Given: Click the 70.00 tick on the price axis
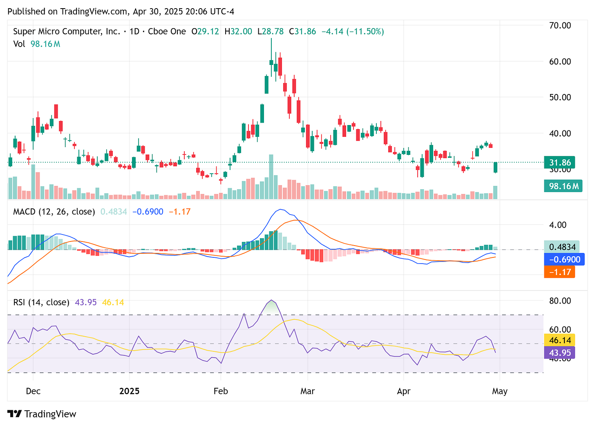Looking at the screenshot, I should tap(560, 25).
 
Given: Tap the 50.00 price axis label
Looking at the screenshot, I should tap(560, 97).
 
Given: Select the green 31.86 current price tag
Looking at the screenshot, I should tap(559, 163).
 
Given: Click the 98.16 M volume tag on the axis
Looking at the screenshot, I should tap(563, 186).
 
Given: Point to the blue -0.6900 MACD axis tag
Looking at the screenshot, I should tap(564, 259).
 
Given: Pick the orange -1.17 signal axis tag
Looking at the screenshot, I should tap(559, 272).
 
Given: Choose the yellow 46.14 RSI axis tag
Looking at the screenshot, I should tap(559, 340).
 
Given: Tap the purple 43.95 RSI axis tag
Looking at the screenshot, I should tap(559, 353).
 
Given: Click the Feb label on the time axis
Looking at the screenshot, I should tap(221, 391).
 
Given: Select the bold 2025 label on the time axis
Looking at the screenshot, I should tap(129, 391).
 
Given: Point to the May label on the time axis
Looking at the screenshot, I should tap(499, 391).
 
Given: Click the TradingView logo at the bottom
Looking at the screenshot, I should tap(42, 414).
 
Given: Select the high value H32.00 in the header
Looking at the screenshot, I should tap(238, 31).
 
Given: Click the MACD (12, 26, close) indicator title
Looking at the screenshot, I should tap(54, 212).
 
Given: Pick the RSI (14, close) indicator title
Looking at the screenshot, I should tap(41, 302).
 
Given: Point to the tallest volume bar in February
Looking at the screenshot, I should tap(271, 177).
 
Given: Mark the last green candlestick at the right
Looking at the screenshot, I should tap(495, 167).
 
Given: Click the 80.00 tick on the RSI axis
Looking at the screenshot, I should tap(560, 301).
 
